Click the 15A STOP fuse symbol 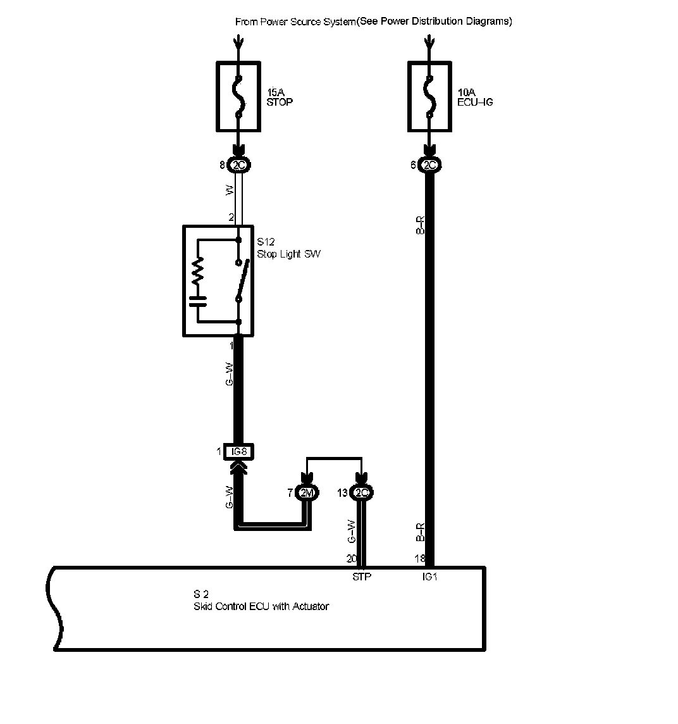click(x=238, y=96)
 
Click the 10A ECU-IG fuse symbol click(x=429, y=96)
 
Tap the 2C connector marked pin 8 click(x=239, y=166)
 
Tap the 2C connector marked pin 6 click(x=429, y=166)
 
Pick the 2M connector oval click(x=307, y=493)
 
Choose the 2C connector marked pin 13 click(x=362, y=493)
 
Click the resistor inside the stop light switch click(x=198, y=273)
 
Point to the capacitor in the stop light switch click(x=198, y=300)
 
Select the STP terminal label click(x=362, y=577)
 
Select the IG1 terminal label click(x=430, y=577)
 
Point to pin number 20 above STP click(x=352, y=558)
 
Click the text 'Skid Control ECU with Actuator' click(x=261, y=606)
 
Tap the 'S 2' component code click(x=201, y=594)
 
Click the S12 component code click(x=265, y=242)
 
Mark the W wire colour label click(x=230, y=189)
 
